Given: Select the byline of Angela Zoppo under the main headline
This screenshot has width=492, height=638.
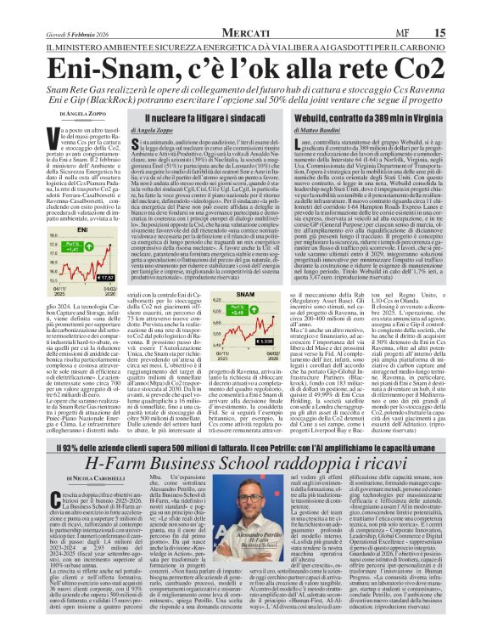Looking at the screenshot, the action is point(81,112).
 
